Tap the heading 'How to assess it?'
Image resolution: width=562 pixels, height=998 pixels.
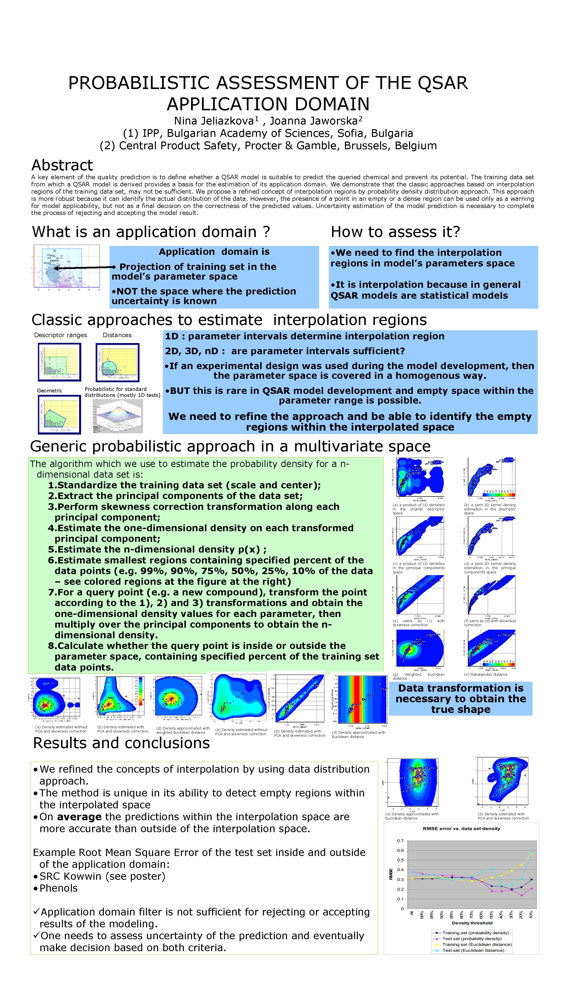point(395,232)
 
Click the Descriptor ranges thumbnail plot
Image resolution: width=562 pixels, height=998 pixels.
point(60,362)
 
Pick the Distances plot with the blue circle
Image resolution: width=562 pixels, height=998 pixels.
point(117,362)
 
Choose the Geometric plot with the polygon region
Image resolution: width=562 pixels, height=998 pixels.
point(59,414)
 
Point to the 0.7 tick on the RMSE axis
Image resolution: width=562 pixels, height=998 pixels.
point(400,841)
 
